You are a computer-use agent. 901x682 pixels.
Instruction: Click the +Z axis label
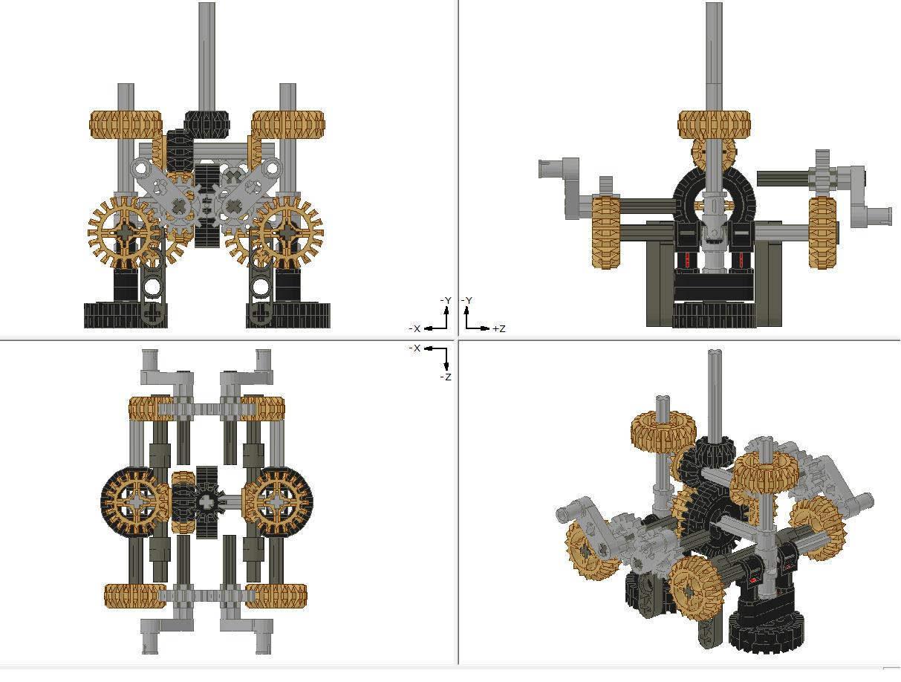point(498,328)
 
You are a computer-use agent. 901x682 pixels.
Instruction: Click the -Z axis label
point(446,377)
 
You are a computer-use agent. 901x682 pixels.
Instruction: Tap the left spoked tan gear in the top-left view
point(124,233)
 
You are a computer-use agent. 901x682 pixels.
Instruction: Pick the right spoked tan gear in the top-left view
point(287,233)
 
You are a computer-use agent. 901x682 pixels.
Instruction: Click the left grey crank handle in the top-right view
point(565,182)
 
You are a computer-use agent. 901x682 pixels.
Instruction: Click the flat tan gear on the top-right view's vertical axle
point(714,123)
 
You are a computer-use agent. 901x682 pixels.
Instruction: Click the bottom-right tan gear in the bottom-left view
point(276,596)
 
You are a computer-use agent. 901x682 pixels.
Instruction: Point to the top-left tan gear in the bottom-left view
point(152,408)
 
